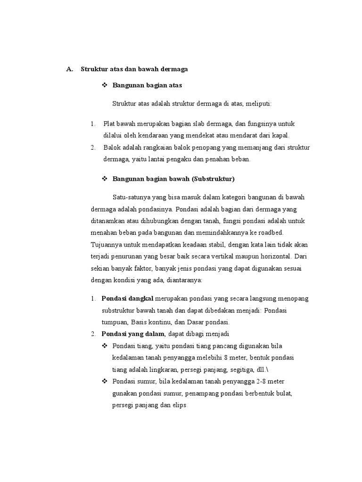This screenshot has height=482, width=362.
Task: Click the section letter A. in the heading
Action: click(x=70, y=69)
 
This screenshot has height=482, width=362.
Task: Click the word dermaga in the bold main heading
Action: click(x=174, y=69)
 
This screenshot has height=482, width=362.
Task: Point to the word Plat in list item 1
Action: click(x=109, y=124)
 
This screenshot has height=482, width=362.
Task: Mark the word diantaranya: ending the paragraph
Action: click(x=184, y=280)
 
